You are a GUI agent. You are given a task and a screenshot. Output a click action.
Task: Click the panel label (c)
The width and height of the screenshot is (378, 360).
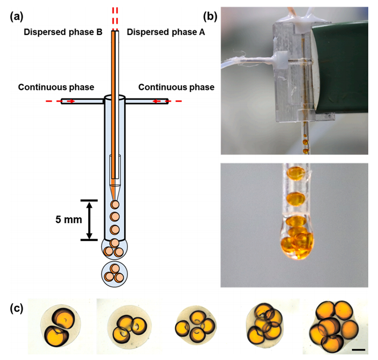17,308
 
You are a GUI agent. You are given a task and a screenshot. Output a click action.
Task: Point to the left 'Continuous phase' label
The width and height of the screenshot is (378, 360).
56,87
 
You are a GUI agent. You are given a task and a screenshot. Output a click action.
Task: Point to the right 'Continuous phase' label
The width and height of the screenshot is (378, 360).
176,87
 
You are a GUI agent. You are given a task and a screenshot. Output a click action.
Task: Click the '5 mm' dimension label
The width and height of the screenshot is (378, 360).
68,220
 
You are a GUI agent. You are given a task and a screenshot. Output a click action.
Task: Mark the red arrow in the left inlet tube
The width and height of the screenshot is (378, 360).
71,102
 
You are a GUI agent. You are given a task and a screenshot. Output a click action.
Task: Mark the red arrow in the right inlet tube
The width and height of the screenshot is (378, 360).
158,102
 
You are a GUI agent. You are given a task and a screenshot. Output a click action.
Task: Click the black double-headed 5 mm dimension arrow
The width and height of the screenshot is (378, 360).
89,220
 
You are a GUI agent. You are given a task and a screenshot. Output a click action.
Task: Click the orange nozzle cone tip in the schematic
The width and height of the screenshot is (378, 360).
114,192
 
